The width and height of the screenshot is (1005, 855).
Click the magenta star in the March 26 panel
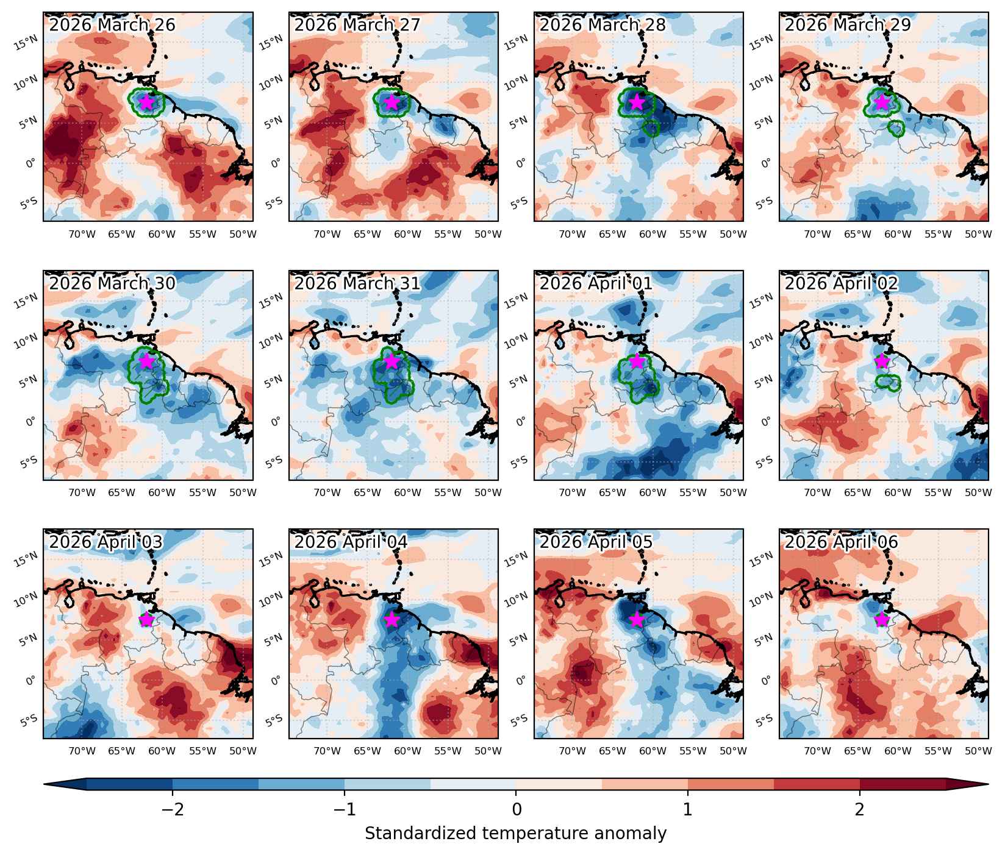pos(146,102)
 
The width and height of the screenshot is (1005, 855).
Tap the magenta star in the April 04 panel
pos(392,619)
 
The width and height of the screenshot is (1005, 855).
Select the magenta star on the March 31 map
pos(392,361)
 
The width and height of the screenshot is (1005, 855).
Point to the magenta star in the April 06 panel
pos(882,619)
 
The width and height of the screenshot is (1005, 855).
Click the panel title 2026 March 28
pos(603,25)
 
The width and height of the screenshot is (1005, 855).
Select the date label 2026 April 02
pos(841,283)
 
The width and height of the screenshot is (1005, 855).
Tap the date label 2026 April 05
pos(596,542)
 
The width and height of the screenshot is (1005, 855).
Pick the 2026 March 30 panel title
pos(112,283)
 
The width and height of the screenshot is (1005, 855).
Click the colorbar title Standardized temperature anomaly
pos(515,833)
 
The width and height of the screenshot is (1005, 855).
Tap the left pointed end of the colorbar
pos(45,784)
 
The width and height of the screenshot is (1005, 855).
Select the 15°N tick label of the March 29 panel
pos(762,43)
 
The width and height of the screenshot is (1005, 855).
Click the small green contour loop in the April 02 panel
pos(888,383)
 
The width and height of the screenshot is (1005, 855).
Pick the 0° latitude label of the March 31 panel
pos(276,421)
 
